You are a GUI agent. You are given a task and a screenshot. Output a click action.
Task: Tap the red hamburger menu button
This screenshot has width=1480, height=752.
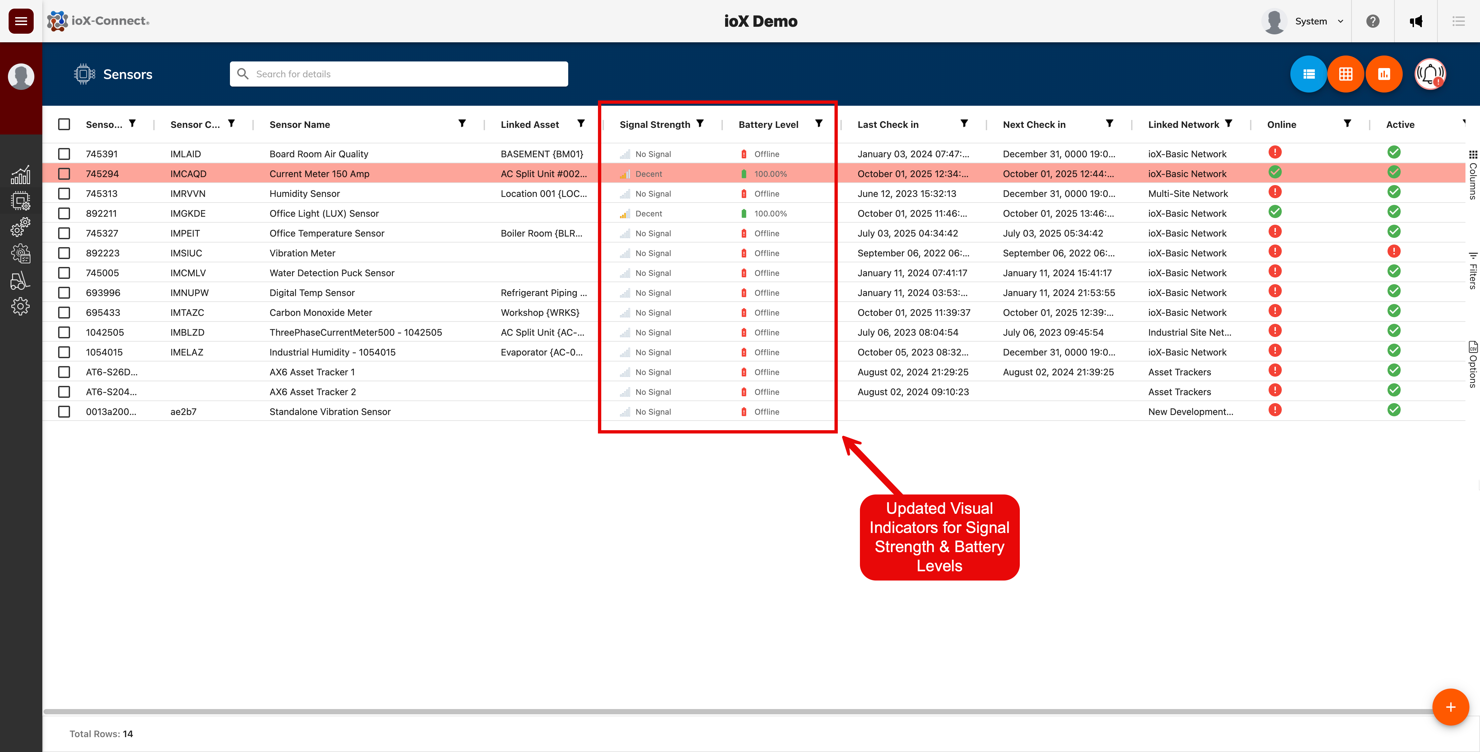point(21,21)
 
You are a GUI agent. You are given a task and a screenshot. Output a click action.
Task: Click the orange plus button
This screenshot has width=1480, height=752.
point(1450,707)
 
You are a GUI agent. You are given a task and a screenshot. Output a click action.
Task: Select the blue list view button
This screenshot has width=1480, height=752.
point(1308,74)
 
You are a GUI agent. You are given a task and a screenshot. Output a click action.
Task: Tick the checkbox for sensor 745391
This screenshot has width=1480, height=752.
point(64,154)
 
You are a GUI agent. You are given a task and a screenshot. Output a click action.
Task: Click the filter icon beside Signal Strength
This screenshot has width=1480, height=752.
point(700,124)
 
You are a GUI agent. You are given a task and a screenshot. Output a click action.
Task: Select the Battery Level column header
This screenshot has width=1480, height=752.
point(768,125)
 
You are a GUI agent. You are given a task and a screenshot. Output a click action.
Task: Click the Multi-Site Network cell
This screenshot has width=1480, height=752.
point(1188,194)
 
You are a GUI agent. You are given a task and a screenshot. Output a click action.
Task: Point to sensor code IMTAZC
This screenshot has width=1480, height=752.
point(187,313)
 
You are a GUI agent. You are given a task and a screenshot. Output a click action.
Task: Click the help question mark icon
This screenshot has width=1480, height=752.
point(1373,21)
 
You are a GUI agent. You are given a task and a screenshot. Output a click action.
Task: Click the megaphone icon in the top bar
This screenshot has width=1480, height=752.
point(1416,21)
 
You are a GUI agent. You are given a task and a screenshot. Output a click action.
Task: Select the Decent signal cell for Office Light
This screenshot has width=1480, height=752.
point(648,214)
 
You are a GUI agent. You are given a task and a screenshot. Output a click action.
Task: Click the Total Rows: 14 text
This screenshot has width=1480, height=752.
point(101,733)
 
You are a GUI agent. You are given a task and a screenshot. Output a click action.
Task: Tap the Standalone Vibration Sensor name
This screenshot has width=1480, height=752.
point(330,412)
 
